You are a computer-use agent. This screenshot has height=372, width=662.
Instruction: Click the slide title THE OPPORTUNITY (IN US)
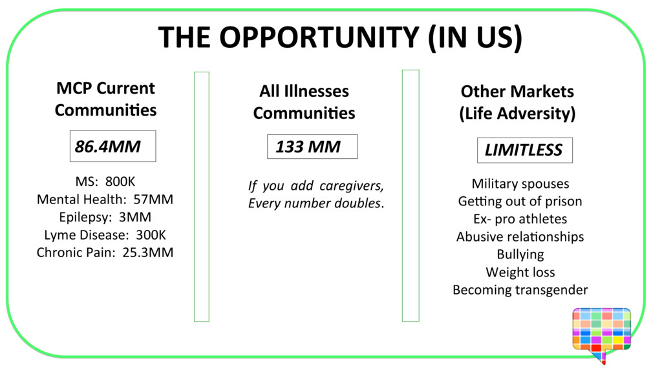coord(339,38)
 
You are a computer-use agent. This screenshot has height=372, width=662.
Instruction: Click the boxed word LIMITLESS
coord(524,150)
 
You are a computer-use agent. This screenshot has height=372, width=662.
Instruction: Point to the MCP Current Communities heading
coord(105,99)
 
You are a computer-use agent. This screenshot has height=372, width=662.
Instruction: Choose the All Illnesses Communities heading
coord(304,102)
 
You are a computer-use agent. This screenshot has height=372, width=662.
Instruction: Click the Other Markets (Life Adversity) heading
coord(517,102)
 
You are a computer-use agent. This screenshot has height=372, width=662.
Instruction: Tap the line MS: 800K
coord(105,181)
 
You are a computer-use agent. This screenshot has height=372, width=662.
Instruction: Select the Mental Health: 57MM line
coord(105,200)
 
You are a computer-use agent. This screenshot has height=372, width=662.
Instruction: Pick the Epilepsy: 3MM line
coord(105,217)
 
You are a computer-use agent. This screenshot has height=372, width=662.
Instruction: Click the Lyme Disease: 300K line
coord(105,234)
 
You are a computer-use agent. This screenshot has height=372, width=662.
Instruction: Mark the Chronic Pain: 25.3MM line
coord(105,252)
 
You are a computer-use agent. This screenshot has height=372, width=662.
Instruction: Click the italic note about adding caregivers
coord(316,194)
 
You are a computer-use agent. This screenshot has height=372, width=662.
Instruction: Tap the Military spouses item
coord(520,184)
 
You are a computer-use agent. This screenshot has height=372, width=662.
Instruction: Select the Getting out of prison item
coord(520,201)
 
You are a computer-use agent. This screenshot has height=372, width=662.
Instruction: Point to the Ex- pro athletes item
coord(520,219)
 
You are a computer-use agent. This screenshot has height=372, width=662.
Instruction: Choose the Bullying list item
coord(520,254)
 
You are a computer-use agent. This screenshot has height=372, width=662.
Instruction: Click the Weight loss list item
coord(520,272)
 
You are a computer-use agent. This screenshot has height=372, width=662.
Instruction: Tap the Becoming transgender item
coord(520,289)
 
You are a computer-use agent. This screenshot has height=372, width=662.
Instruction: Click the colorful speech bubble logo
coord(601,333)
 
